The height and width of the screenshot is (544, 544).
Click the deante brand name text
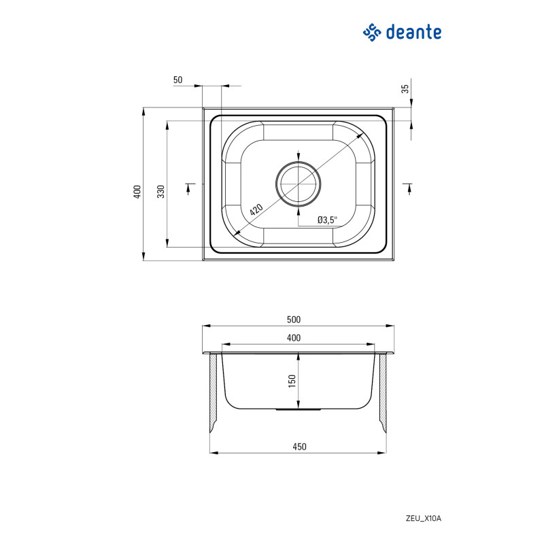click(x=413, y=32)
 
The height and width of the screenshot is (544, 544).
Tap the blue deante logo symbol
click(x=372, y=32)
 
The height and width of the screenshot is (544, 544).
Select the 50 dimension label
click(x=177, y=80)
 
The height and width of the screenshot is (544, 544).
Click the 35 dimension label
click(x=405, y=88)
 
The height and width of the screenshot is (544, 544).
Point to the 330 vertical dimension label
click(x=161, y=192)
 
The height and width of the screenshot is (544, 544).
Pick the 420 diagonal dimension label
click(x=256, y=209)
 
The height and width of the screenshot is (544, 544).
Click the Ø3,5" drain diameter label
click(x=327, y=220)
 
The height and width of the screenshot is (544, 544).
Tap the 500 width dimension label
click(x=294, y=320)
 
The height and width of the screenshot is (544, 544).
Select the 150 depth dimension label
click(x=292, y=381)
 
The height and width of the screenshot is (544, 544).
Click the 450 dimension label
click(x=299, y=447)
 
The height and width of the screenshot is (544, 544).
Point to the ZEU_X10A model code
click(x=424, y=519)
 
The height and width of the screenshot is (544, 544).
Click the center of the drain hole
click(x=299, y=184)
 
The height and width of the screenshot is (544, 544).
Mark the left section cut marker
click(x=188, y=188)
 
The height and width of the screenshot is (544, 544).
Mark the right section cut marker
click(x=409, y=188)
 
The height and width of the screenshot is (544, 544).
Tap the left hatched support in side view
click(x=214, y=393)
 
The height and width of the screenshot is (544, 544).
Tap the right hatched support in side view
click(x=382, y=393)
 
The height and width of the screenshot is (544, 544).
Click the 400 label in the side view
click(x=294, y=338)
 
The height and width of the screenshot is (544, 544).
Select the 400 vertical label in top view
click(x=137, y=192)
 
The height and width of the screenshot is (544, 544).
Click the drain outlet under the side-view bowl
click(x=299, y=410)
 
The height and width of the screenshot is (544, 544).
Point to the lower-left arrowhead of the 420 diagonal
click(x=237, y=233)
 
